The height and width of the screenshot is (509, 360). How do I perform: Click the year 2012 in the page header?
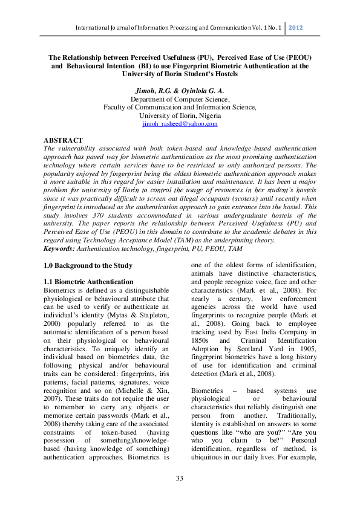pyautogui.click(x=295, y=28)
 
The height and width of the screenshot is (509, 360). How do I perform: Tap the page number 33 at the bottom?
pyautogui.click(x=180, y=479)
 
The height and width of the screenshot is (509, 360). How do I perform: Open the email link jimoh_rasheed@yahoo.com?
pyautogui.click(x=180, y=123)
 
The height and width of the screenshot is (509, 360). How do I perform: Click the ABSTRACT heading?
pyautogui.click(x=64, y=140)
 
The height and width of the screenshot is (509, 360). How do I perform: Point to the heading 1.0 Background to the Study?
pyautogui.click(x=88, y=265)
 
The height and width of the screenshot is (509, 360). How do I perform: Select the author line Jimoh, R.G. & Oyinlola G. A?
pyautogui.click(x=180, y=89)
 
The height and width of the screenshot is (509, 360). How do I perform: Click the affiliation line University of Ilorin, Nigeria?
pyautogui.click(x=180, y=115)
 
